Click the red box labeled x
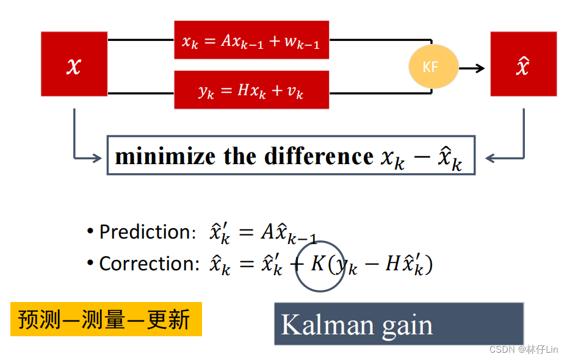[x=74, y=64]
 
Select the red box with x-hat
[x=523, y=64]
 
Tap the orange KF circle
[x=433, y=67]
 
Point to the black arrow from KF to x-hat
[x=472, y=68]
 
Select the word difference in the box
[x=318, y=156]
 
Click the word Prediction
[x=145, y=232]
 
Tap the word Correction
[x=149, y=264]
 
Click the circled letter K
[x=319, y=264]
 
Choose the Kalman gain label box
[x=399, y=323]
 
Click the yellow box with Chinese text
[x=105, y=319]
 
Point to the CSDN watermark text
[x=524, y=349]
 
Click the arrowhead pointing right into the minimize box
[x=96, y=159]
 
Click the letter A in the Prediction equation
[x=268, y=232]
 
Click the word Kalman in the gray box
[x=328, y=325]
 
